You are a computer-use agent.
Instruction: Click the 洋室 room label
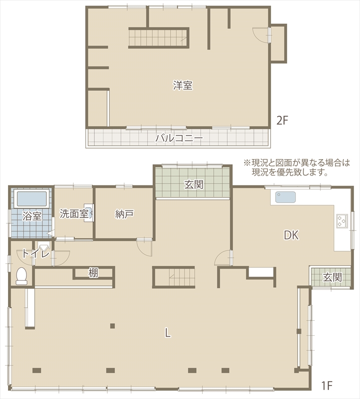(x=183, y=85)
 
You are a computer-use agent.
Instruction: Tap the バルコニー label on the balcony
(x=179, y=138)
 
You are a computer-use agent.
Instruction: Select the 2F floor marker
(x=282, y=121)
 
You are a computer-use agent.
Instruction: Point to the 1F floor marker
(x=327, y=386)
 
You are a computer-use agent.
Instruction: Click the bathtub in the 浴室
(x=32, y=199)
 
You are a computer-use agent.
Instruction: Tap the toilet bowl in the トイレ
(x=21, y=276)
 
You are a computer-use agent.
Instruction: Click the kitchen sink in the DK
(x=285, y=198)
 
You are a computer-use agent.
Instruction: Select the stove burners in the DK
(x=342, y=220)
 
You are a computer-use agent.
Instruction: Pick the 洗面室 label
(x=74, y=214)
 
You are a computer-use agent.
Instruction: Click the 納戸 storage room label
(x=124, y=214)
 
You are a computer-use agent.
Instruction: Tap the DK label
(x=291, y=235)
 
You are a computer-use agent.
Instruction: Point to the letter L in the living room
(x=167, y=333)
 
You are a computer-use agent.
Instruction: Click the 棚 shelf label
(x=93, y=273)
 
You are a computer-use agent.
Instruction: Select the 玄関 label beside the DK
(x=333, y=277)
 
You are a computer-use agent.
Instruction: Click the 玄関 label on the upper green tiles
(x=194, y=185)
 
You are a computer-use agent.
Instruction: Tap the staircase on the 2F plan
(x=158, y=38)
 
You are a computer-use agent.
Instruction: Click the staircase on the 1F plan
(x=174, y=277)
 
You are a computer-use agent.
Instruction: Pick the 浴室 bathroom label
(x=32, y=216)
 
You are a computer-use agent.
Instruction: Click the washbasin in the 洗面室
(x=89, y=213)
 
